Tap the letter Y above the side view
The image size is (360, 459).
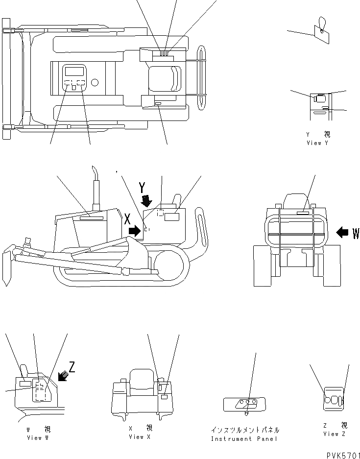[142, 188]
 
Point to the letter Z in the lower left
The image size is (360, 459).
[72, 366]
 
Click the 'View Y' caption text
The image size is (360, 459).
[317, 143]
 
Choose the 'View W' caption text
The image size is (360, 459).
[38, 438]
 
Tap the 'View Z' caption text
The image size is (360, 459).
[335, 434]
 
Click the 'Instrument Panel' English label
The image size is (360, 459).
[245, 439]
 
